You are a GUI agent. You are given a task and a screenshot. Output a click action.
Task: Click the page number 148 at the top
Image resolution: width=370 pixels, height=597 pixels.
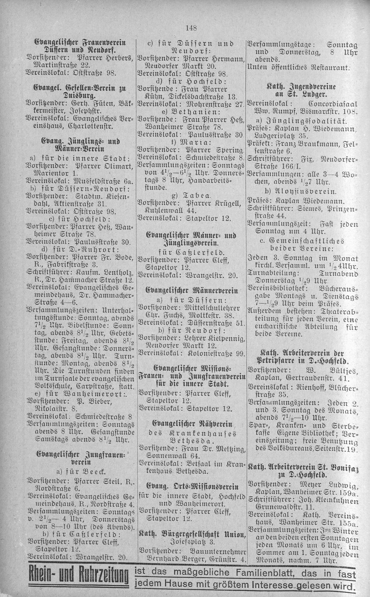(x=190, y=28)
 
